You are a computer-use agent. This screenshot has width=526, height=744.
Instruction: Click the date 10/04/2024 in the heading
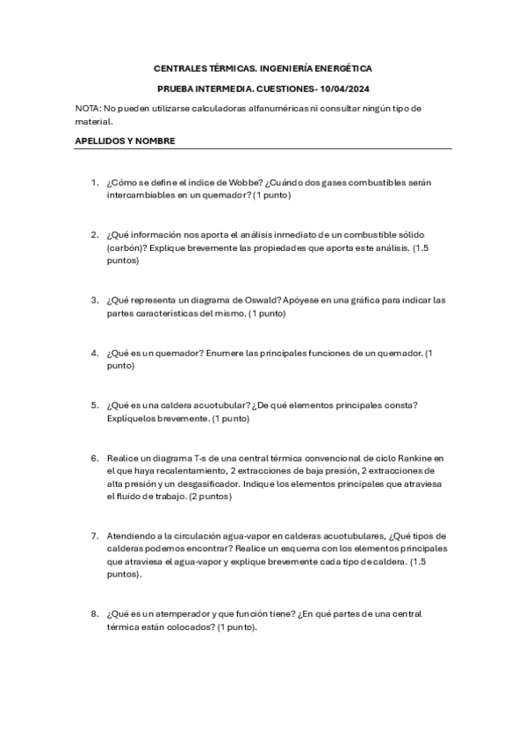pyautogui.click(x=345, y=89)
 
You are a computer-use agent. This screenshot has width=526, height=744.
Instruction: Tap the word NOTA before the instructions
pyautogui.click(x=87, y=109)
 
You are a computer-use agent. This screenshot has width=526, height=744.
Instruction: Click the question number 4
pyautogui.click(x=94, y=353)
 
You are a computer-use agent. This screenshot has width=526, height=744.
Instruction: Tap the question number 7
pyautogui.click(x=94, y=535)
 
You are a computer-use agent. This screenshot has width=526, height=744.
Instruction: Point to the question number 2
pyautogui.click(x=94, y=234)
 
